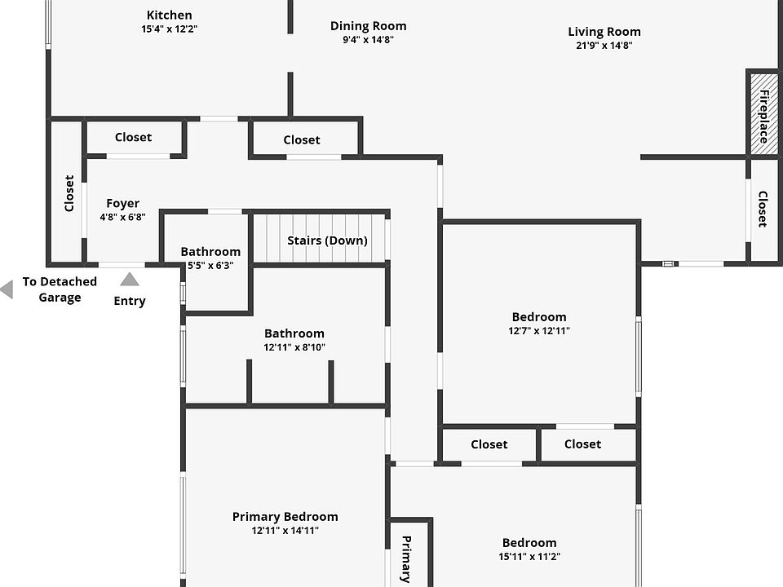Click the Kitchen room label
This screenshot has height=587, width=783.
coord(170,15)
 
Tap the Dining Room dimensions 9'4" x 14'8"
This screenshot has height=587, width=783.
coord(368,40)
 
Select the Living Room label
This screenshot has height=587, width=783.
coord(604,32)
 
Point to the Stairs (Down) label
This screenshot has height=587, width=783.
coord(327,241)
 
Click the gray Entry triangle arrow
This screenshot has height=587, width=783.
coord(130,279)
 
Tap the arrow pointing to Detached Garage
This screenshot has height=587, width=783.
coord(7,289)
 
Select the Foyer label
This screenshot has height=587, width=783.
coord(123,204)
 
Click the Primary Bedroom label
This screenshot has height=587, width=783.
coord(285,517)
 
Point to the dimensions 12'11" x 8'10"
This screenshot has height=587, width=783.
coord(294,347)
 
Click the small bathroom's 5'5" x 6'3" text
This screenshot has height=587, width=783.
coord(210,266)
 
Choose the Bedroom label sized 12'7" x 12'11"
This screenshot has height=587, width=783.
coord(539,317)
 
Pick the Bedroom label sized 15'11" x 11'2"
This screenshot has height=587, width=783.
coord(529,543)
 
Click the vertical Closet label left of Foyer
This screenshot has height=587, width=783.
coord(69,193)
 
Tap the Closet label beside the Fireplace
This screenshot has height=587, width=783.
coord(763,209)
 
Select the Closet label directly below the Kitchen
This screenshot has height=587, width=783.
coord(133,137)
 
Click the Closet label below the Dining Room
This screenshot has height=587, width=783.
coord(302,140)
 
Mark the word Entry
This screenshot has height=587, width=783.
coord(130,301)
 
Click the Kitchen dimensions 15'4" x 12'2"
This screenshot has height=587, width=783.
coord(170,29)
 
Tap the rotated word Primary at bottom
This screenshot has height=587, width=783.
coord(406,559)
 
